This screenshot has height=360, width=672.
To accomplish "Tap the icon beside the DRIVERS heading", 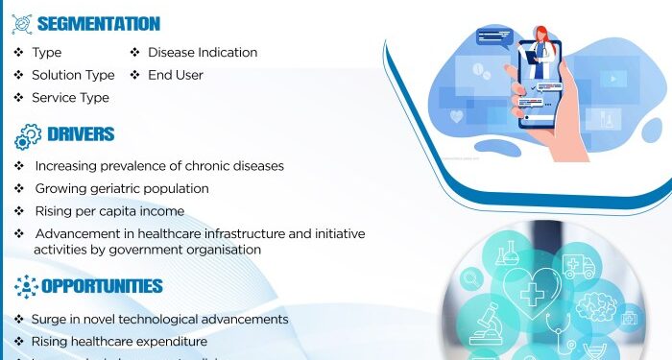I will click(27, 136).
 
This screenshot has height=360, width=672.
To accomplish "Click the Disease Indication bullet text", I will click(202, 52).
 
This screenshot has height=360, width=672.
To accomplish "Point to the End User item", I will click(175, 75).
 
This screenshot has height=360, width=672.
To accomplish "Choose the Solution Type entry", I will click(73, 75).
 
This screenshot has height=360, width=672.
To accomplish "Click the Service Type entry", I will click(70, 98).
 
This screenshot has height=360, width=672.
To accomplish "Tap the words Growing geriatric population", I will click(121, 188).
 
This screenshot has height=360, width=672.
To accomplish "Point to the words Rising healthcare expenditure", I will click(119, 341).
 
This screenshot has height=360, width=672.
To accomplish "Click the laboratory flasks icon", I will click(506, 254).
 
